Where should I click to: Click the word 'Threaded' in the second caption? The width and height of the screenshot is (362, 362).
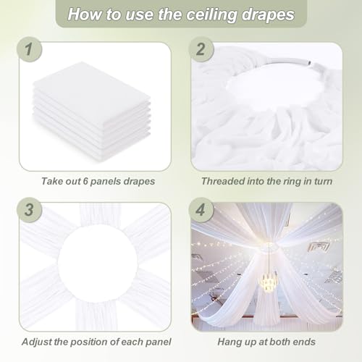[222, 180]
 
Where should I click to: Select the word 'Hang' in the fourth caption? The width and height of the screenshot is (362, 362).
[229, 340]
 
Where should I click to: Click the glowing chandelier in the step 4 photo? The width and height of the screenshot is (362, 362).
[269, 282]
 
